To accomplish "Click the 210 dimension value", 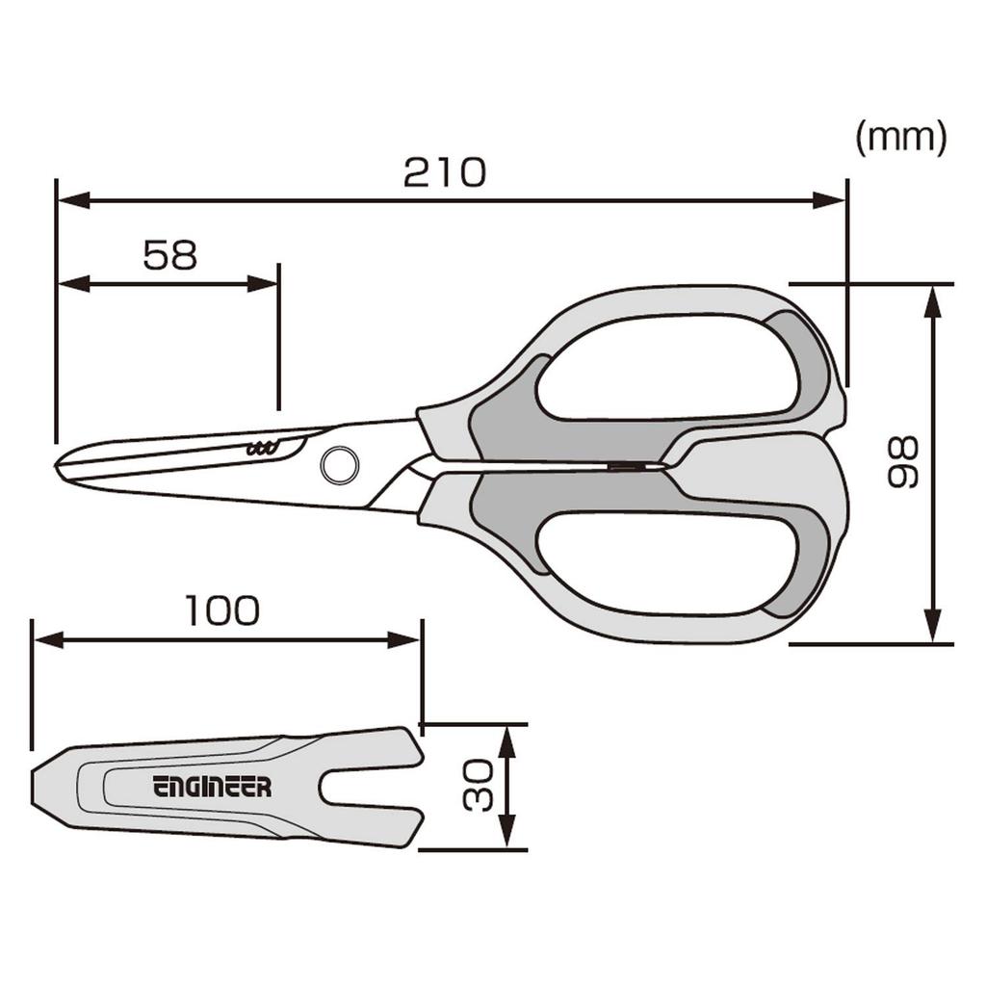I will (x=445, y=173).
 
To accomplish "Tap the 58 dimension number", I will (x=169, y=255).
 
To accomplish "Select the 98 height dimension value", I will (x=903, y=463).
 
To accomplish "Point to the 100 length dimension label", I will (x=222, y=610).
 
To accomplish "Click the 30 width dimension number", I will (x=478, y=785).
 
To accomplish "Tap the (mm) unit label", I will (x=901, y=138).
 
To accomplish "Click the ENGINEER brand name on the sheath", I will (x=213, y=788).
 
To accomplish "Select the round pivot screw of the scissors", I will (x=339, y=465).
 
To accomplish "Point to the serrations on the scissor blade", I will (x=262, y=448).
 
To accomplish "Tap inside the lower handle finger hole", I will (x=664, y=562).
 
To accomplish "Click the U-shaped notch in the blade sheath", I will (x=371, y=787).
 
